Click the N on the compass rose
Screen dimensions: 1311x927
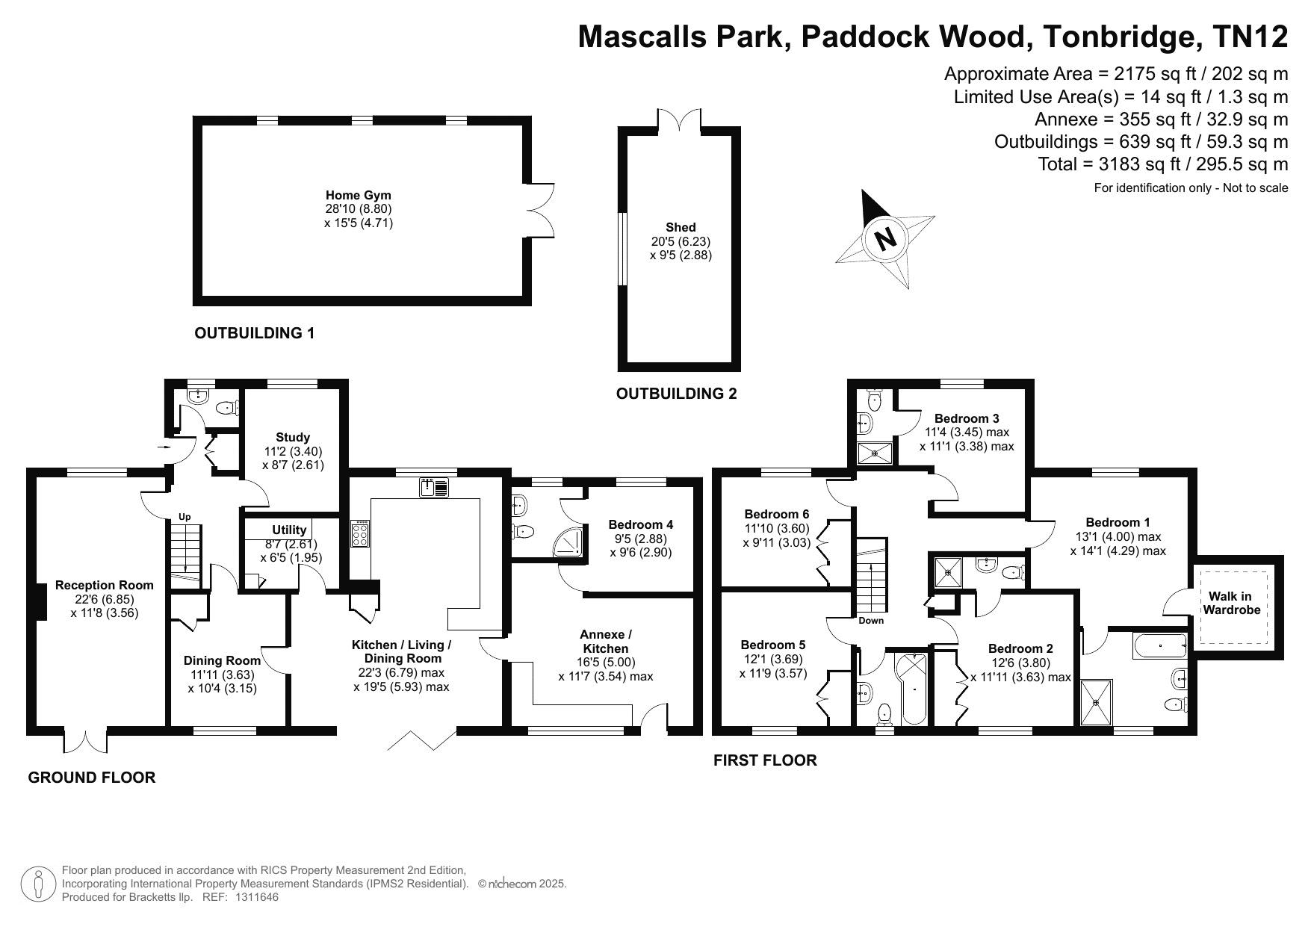[x=885, y=239]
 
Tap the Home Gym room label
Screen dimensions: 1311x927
[x=359, y=196]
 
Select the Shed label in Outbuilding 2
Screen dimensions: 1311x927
[x=681, y=227]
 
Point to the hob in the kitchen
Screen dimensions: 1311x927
[x=360, y=534]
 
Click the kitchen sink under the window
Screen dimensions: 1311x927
[x=434, y=487]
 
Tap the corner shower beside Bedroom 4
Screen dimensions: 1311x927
[x=569, y=542]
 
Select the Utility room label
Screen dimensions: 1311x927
[x=289, y=530]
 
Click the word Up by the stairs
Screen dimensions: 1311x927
[x=185, y=517]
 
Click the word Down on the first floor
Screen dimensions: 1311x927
[x=871, y=621]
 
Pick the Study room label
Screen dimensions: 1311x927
[x=293, y=437]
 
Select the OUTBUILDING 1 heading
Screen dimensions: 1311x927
[x=255, y=333]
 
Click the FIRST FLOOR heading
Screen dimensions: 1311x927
[x=765, y=760]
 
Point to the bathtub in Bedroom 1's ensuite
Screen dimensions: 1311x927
[x=1160, y=645]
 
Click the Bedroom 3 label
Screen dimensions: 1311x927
[x=967, y=418]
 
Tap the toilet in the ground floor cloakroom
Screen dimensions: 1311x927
[x=227, y=408]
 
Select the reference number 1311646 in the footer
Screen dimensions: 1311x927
[x=257, y=897]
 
